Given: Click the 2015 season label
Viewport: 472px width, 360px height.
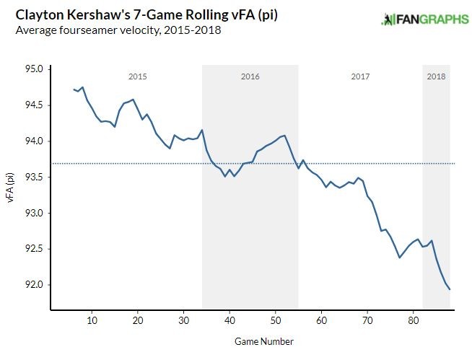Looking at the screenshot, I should coord(138,76).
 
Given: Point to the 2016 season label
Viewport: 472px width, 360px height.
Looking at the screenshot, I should coord(250,76).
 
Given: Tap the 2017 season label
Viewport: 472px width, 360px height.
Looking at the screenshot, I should coord(360,76).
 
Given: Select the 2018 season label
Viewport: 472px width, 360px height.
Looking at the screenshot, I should coord(436,76).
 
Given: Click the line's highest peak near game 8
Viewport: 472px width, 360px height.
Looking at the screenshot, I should coord(83,87).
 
